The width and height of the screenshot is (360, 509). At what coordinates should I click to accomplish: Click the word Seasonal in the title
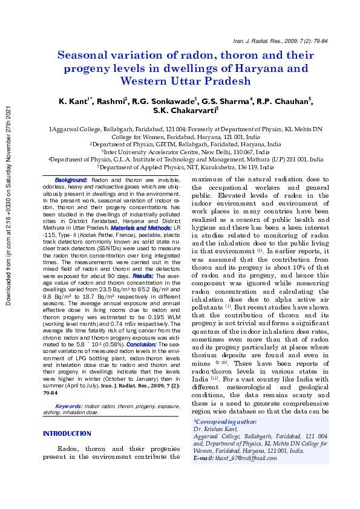click(x=85, y=55)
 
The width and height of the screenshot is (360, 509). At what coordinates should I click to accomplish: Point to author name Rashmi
click(x=112, y=100)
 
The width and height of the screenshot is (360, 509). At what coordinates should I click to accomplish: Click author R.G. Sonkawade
click(x=158, y=100)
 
